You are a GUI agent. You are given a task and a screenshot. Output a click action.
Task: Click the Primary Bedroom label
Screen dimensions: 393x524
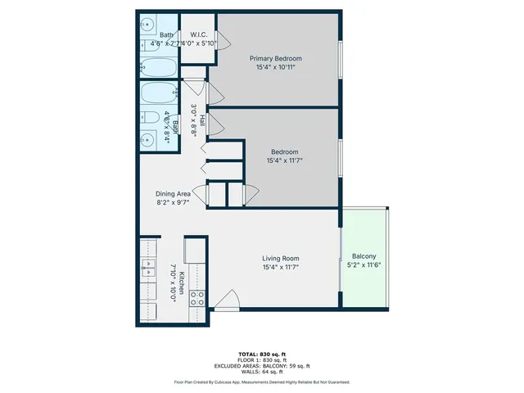(276, 59)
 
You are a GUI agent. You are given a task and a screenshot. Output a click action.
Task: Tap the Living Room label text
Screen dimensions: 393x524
(281, 258)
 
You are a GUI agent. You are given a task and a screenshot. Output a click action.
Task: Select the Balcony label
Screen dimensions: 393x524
(364, 255)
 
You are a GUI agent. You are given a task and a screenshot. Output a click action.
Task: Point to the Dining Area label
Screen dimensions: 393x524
(173, 194)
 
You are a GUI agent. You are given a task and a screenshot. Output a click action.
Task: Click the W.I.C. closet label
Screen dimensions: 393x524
(197, 34)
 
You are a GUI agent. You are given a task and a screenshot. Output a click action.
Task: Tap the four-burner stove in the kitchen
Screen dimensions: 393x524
(197, 299)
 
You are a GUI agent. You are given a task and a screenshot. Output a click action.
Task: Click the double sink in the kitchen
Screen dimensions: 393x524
(148, 266)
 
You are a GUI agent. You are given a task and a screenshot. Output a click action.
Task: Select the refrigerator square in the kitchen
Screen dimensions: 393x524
(196, 249)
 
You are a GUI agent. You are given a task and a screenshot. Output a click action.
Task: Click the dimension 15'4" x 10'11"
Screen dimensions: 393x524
(276, 68)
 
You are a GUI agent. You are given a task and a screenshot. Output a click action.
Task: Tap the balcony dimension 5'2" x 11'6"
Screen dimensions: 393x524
(364, 264)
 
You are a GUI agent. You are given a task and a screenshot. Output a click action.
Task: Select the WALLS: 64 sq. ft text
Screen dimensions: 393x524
(261, 372)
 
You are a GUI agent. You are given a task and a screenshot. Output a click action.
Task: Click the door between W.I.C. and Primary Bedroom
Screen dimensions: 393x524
(215, 52)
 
